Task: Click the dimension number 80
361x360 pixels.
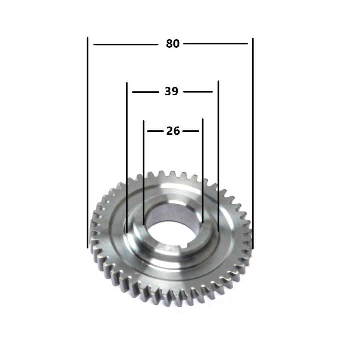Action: (x=173, y=44)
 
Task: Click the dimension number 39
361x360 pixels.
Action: (x=171, y=91)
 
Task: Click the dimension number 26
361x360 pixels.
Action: (x=173, y=131)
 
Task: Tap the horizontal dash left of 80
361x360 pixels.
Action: (x=126, y=44)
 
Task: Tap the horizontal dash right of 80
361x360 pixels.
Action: (x=216, y=43)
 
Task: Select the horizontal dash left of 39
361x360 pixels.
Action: (x=145, y=92)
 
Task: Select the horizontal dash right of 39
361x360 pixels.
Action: (x=198, y=92)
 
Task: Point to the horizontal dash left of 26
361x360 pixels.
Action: (x=155, y=131)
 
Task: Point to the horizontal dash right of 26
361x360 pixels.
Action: (x=191, y=131)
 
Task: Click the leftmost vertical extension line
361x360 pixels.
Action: (x=87, y=143)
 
